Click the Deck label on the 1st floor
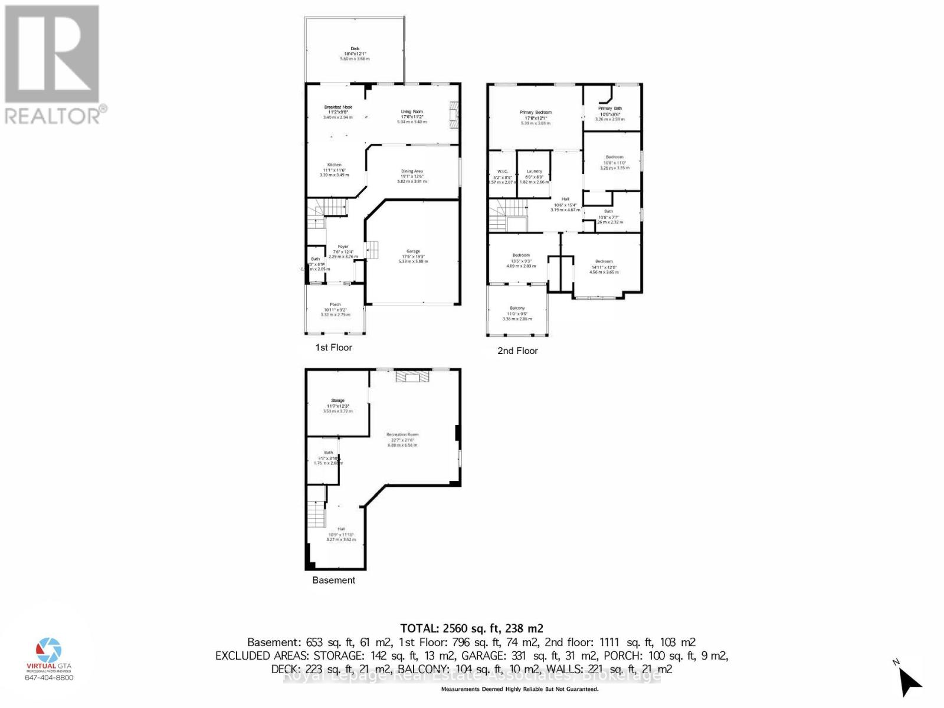pyautogui.click(x=355, y=49)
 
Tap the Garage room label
pyautogui.click(x=413, y=251)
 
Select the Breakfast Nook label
pyautogui.click(x=337, y=107)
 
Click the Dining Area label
pyautogui.click(x=412, y=172)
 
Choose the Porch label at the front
pyautogui.click(x=335, y=304)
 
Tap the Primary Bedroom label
pyautogui.click(x=535, y=112)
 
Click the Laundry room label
pyautogui.click(x=534, y=171)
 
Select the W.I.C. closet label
pyautogui.click(x=503, y=171)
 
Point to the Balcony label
pyautogui.click(x=517, y=308)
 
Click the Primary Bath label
pyautogui.click(x=609, y=109)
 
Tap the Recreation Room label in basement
pyautogui.click(x=402, y=435)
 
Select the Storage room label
pyautogui.click(x=337, y=401)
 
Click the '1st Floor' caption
pyautogui.click(x=333, y=348)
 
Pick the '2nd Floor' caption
pyautogui.click(x=517, y=350)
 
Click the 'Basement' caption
pyautogui.click(x=333, y=580)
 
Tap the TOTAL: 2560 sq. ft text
pyautogui.click(x=471, y=628)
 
